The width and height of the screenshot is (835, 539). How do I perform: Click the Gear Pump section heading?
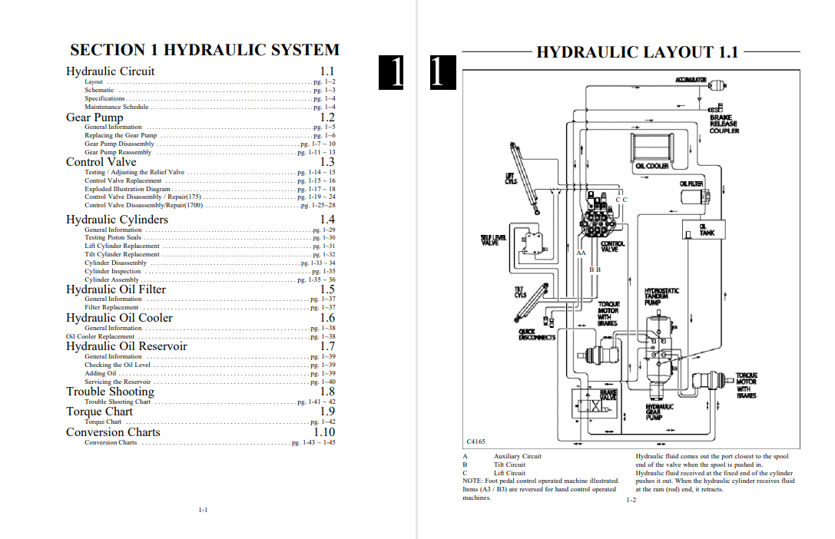(94, 117)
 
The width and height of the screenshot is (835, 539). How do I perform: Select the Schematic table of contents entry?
(99, 90)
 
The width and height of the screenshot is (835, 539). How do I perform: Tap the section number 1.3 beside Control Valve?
(327, 162)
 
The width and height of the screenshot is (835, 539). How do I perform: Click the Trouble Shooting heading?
(110, 392)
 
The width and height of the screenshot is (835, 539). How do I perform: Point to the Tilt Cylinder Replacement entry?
(122, 254)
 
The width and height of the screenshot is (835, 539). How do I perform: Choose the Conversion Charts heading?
(113, 432)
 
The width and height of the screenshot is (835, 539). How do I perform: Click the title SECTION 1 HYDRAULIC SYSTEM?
(204, 51)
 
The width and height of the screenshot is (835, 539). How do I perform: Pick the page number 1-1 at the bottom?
(203, 510)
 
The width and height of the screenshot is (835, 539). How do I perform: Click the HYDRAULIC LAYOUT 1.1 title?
(637, 52)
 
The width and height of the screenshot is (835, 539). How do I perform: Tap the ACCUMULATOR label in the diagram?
(691, 80)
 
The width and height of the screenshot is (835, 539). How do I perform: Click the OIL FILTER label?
(691, 184)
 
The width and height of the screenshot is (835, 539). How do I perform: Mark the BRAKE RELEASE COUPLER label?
(724, 124)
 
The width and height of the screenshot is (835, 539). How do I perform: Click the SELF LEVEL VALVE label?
(494, 240)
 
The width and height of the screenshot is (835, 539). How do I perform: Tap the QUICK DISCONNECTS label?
(537, 335)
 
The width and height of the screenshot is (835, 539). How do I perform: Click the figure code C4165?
(476, 441)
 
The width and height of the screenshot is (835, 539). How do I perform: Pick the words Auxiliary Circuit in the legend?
(518, 456)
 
